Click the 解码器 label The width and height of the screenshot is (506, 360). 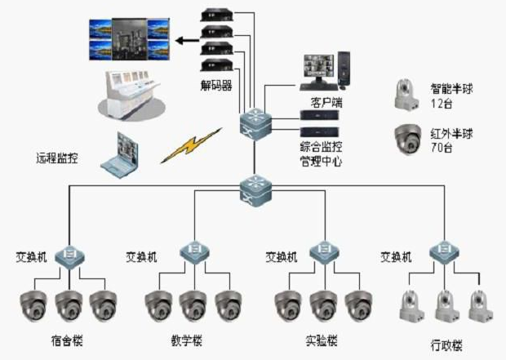point(217,85)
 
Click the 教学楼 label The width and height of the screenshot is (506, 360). point(187,339)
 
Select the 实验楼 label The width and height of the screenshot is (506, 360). point(321,339)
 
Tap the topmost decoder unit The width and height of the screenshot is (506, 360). point(219,14)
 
